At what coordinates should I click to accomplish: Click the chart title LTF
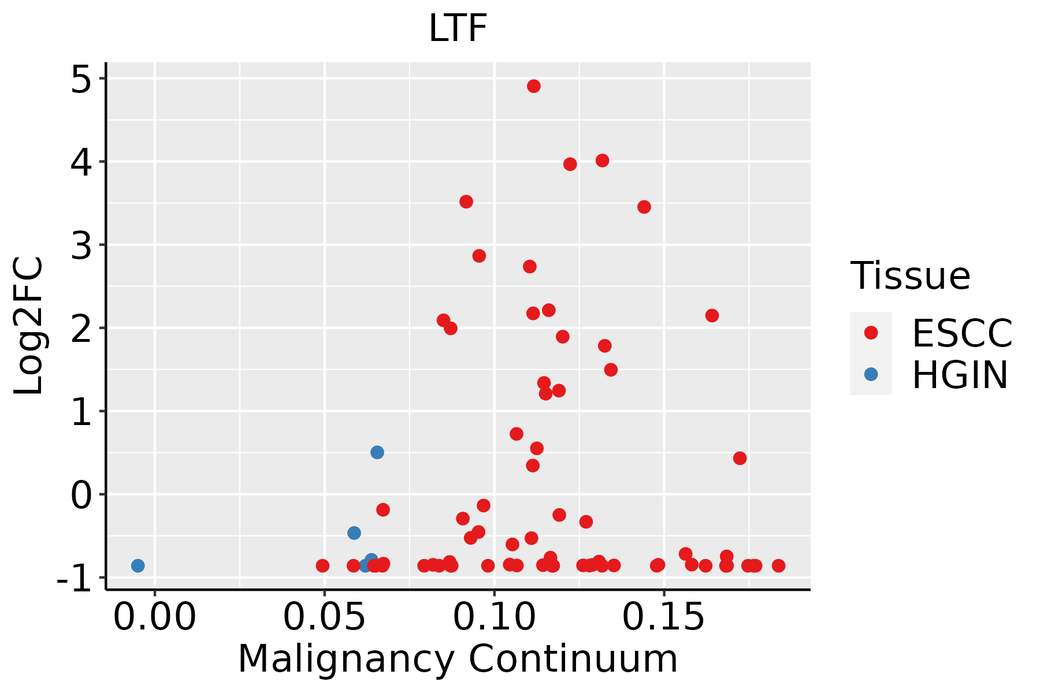[458, 28]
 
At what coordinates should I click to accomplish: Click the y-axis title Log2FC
[28, 326]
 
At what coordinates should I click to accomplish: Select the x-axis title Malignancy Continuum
[458, 660]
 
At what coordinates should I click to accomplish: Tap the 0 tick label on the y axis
[81, 494]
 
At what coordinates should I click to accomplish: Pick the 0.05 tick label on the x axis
[324, 617]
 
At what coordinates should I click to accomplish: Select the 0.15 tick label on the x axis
[664, 617]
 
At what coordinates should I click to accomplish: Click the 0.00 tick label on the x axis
[155, 617]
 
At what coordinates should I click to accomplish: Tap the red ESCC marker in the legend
[871, 333]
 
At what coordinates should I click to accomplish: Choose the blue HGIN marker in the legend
[871, 374]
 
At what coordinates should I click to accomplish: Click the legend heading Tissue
[911, 276]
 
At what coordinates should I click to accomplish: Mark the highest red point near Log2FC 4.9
[534, 86]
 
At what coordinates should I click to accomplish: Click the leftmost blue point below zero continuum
[138, 565]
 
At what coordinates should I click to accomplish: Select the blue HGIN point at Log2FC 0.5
[377, 452]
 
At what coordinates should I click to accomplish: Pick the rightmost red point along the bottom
[779, 565]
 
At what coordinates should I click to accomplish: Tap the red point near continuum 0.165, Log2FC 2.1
[712, 315]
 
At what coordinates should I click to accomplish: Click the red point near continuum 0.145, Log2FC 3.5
[644, 207]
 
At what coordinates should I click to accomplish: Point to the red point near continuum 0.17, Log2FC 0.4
[740, 458]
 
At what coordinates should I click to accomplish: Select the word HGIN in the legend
[960, 375]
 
